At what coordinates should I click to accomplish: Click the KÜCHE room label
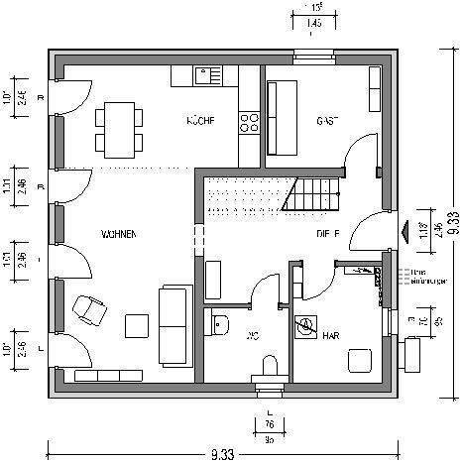click(201, 121)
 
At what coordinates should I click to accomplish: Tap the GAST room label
click(327, 121)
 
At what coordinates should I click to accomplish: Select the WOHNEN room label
click(117, 233)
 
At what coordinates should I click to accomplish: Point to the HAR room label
click(332, 335)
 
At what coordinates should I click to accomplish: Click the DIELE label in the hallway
click(329, 234)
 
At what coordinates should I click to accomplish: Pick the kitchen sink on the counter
click(206, 74)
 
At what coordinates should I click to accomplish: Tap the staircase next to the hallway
click(311, 193)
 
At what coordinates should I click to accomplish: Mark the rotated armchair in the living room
click(90, 309)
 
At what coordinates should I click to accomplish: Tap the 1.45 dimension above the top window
click(313, 22)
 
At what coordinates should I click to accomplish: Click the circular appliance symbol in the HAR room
click(306, 325)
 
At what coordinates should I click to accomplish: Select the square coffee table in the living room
click(135, 326)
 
